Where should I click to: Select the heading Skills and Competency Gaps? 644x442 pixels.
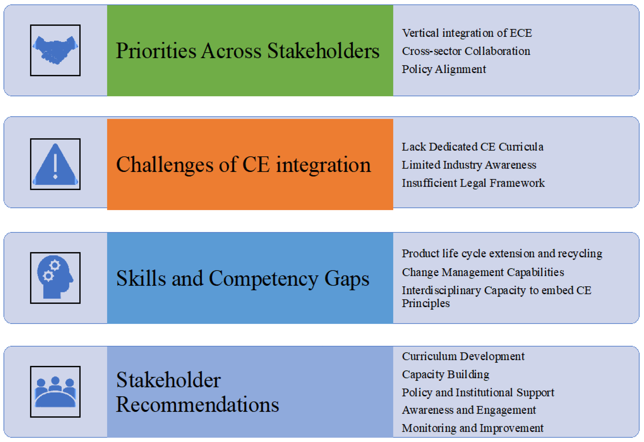pyautogui.click(x=243, y=278)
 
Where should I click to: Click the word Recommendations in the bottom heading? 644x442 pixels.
pyautogui.click(x=197, y=405)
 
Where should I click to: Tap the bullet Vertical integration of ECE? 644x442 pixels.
pyautogui.click(x=467, y=33)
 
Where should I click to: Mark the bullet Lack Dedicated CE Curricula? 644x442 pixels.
pyautogui.click(x=472, y=147)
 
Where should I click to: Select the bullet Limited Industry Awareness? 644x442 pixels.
pyautogui.click(x=469, y=165)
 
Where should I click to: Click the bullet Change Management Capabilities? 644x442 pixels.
pyautogui.click(x=483, y=272)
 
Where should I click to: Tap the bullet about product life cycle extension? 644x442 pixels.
pyautogui.click(x=502, y=254)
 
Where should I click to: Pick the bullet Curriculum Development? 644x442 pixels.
pyautogui.click(x=463, y=356)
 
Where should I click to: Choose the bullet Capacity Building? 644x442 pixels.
pyautogui.click(x=445, y=374)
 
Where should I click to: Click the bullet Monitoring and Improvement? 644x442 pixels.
pyautogui.click(x=472, y=428)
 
